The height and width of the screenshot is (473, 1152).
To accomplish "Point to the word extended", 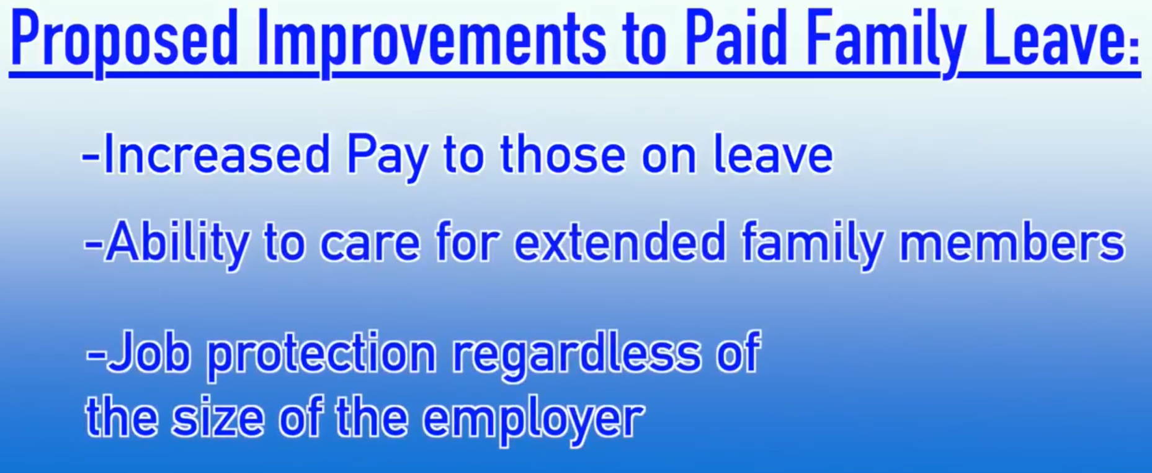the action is [x=620, y=241].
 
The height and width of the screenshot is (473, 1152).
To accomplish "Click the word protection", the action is [x=321, y=356].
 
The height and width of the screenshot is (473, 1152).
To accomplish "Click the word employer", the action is [x=532, y=420].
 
